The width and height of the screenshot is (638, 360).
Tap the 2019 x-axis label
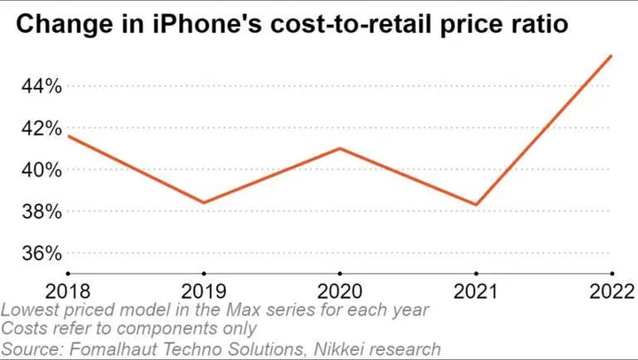(205, 292)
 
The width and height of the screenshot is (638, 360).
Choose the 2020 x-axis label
(340, 292)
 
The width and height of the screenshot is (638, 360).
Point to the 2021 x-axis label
(477, 292)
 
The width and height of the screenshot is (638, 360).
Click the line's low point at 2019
(204, 203)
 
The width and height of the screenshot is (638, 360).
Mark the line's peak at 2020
(340, 148)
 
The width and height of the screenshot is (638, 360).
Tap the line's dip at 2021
(477, 205)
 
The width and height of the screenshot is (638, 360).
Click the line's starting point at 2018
(68, 136)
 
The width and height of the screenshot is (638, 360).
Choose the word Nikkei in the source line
(323, 348)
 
